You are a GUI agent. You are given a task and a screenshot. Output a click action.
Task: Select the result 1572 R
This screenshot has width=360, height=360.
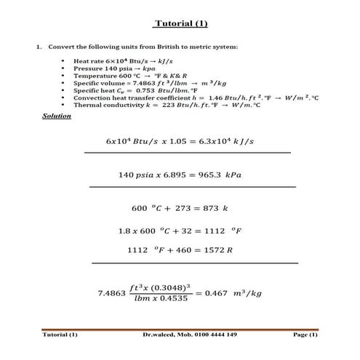pos(216,250)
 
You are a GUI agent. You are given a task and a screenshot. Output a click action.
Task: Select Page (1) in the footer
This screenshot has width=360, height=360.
pos(305,335)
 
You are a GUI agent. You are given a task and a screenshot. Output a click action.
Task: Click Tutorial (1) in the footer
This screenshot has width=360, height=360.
pos(60,335)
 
